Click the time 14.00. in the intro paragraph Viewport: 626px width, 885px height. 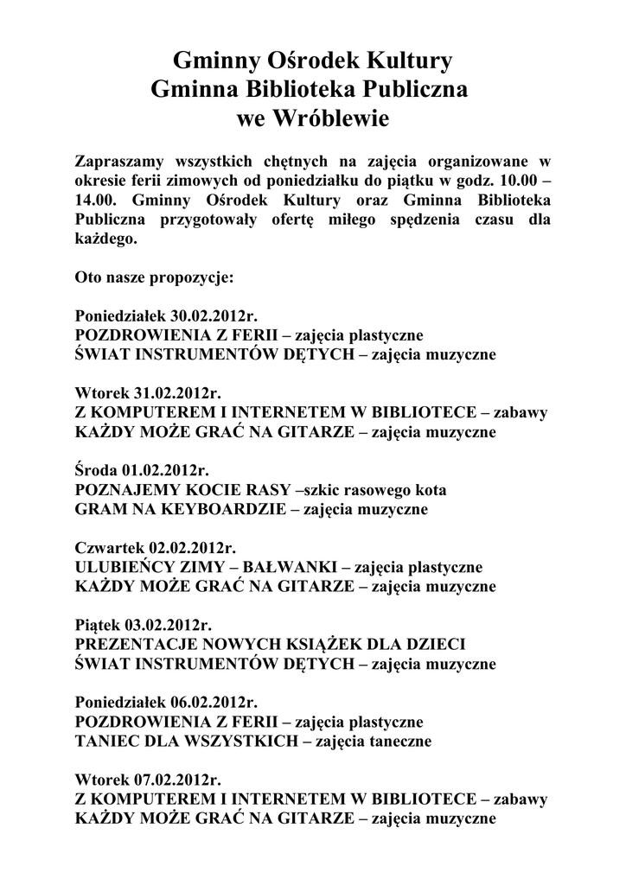97,201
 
